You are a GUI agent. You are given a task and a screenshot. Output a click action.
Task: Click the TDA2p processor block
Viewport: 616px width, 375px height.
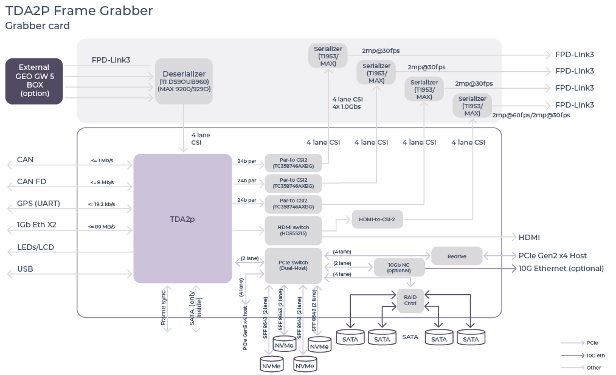[182, 218]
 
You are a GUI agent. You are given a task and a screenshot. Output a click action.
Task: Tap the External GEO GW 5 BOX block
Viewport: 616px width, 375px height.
[34, 81]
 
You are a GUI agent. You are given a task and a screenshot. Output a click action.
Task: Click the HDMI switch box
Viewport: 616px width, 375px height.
[293, 230]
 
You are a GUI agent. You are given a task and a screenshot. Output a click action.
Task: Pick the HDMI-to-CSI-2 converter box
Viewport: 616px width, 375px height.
[377, 219]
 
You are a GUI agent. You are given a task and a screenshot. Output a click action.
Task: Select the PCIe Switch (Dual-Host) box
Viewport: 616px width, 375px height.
[293, 265]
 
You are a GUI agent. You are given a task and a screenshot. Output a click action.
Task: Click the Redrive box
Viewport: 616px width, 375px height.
[457, 256]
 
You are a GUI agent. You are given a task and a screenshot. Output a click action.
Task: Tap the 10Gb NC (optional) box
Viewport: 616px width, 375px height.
[399, 267]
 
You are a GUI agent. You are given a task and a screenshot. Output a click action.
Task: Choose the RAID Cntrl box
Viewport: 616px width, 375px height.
[410, 300]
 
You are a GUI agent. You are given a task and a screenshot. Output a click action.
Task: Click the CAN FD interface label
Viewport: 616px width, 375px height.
[32, 182]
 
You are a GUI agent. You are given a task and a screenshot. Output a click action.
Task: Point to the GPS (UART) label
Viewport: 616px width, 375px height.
[38, 204]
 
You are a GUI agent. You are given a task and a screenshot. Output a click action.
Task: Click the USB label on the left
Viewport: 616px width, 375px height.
[26, 269]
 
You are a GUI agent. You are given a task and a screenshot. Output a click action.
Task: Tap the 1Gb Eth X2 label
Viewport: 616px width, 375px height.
[36, 225]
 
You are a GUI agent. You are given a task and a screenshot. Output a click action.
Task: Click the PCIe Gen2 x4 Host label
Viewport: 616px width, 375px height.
[553, 256]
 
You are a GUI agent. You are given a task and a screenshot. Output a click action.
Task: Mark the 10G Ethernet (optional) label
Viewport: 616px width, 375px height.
[561, 269]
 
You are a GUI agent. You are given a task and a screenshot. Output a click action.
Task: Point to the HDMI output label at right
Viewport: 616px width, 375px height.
[529, 238]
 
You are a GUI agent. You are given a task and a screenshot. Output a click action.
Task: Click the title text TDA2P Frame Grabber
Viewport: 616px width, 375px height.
[79, 11]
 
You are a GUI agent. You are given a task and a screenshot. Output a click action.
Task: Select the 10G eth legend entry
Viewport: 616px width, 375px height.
[595, 356]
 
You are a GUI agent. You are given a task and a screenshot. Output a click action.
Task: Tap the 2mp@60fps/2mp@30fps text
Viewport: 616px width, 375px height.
[531, 115]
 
